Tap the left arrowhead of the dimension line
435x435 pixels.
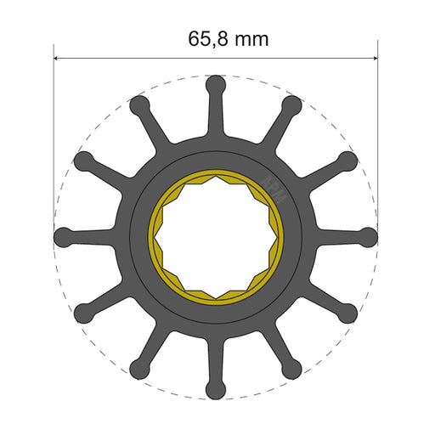[x=58, y=59]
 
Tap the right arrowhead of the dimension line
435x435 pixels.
[x=373, y=59]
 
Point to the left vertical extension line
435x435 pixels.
[x=54, y=127]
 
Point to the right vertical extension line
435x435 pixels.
[x=377, y=127]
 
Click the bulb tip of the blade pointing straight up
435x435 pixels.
[x=216, y=84]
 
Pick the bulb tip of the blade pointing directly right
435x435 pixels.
[x=368, y=237]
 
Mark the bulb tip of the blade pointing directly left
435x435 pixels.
[x=63, y=237]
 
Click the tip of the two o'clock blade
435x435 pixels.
[x=347, y=161]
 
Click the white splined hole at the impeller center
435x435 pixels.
[x=216, y=237]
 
